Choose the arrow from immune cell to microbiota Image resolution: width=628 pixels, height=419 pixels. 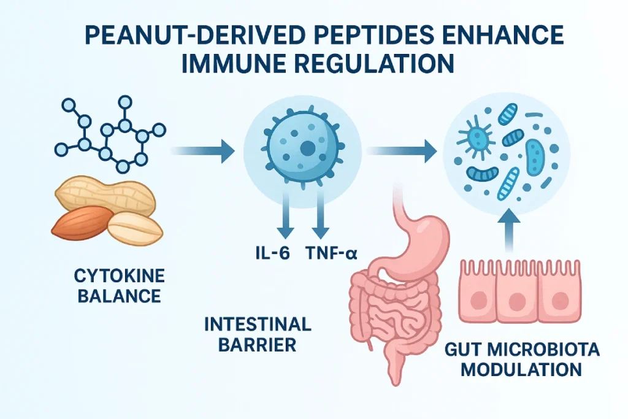click(402, 148)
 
